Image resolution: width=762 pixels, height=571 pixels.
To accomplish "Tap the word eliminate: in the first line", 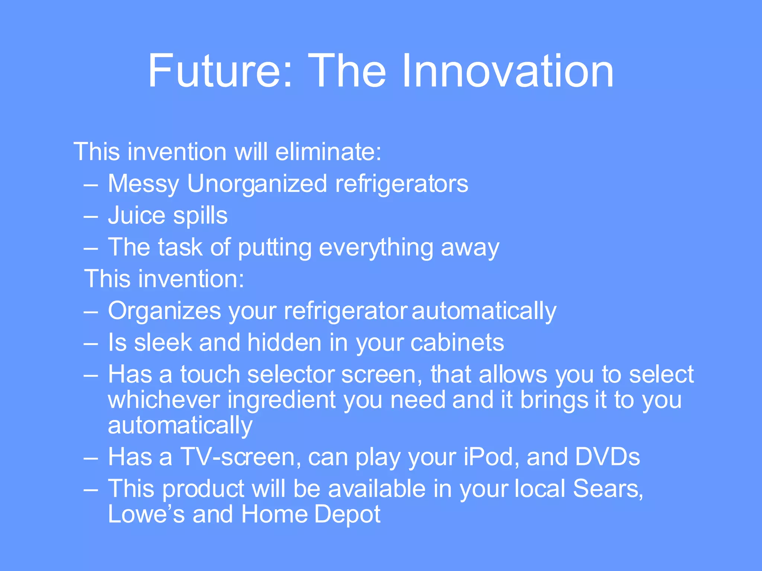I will click(x=328, y=152).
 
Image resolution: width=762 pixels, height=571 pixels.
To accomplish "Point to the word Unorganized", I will click(x=257, y=184).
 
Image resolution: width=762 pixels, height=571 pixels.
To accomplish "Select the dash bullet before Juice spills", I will click(x=91, y=216).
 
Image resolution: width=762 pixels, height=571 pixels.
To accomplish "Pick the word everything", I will click(x=376, y=248).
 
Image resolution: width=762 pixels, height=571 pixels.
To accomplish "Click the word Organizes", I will click(x=164, y=311).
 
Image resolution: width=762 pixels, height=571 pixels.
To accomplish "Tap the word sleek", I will click(x=163, y=342).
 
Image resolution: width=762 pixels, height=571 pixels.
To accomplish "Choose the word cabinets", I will click(x=457, y=342).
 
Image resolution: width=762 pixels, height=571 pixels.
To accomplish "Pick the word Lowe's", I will click(x=146, y=514).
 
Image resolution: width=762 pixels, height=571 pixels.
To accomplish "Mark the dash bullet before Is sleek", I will click(x=91, y=343).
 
